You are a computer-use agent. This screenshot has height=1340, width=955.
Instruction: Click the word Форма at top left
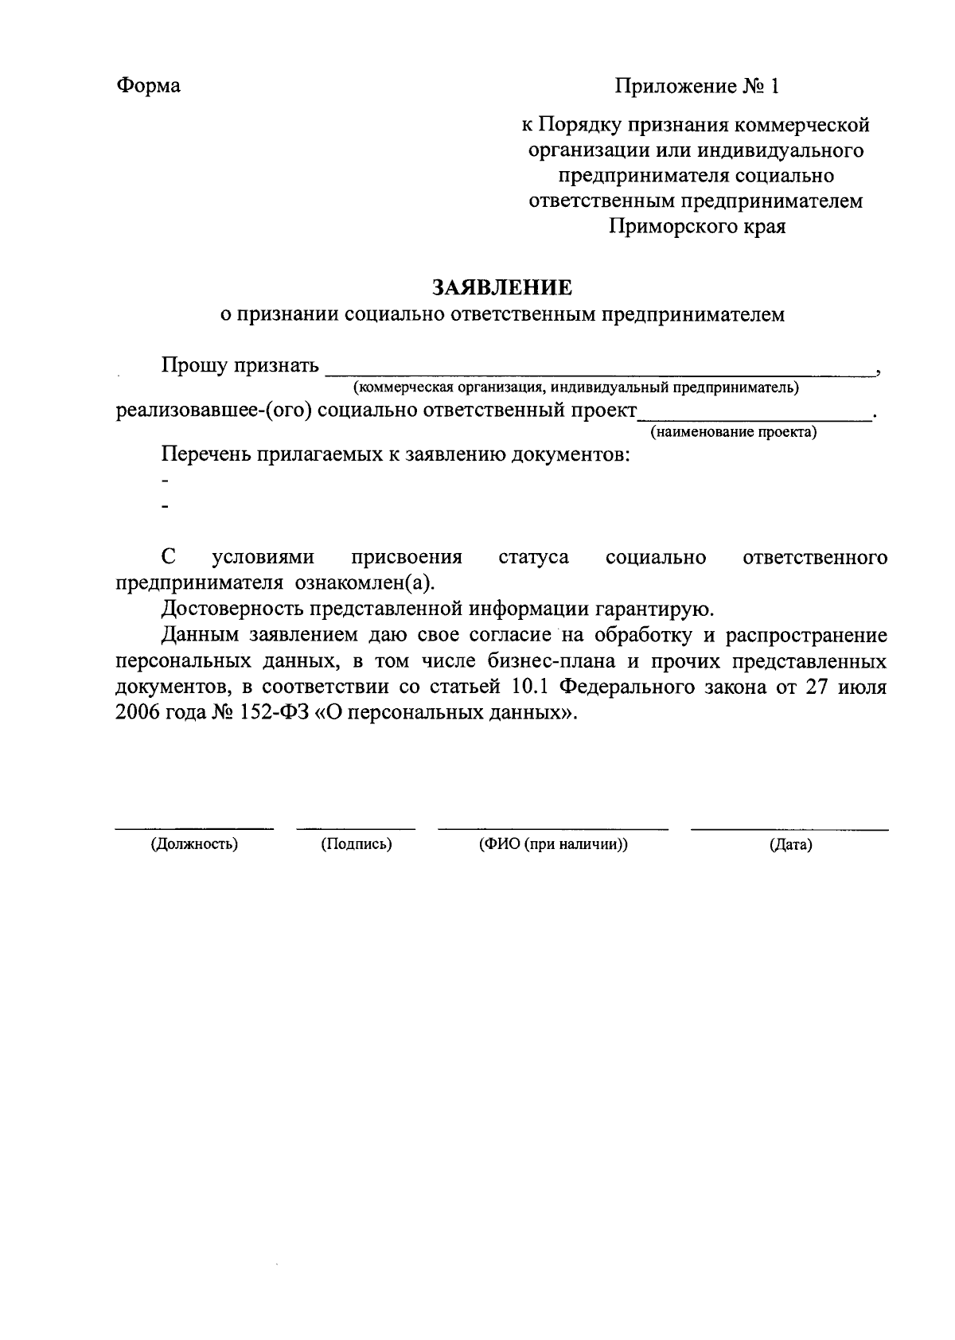tap(149, 86)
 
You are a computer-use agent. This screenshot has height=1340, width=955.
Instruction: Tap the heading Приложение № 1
tap(696, 86)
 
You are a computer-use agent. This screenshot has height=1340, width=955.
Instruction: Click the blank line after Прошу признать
tap(601, 371)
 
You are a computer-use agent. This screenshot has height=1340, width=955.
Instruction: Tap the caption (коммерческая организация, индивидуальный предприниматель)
tap(576, 388)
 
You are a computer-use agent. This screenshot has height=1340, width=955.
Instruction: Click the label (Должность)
tap(195, 845)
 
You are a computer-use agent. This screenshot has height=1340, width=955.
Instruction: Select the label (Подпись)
tap(357, 845)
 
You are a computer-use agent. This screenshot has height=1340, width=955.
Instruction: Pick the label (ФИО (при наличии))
tap(553, 845)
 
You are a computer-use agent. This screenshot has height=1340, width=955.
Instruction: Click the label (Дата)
tap(790, 846)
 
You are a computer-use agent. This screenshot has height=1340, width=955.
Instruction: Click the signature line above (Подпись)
tap(356, 829)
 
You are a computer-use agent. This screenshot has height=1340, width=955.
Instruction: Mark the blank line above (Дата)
tap(789, 829)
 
